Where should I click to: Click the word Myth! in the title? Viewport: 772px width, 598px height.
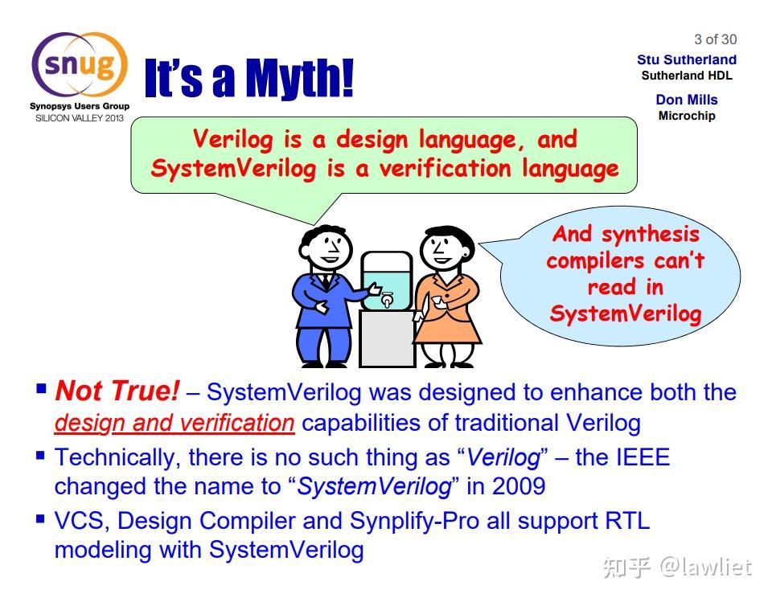tap(299, 78)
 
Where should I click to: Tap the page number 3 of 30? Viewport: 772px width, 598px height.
tap(716, 39)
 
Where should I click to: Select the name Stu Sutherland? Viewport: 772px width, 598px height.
tap(686, 59)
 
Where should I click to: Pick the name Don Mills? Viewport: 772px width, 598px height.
tap(686, 100)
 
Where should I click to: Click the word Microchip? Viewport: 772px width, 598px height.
tap(686, 116)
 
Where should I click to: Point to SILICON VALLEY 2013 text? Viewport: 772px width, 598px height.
tap(80, 118)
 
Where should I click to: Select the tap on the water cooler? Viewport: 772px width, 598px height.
tap(388, 299)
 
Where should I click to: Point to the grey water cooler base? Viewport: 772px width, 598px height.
tap(387, 339)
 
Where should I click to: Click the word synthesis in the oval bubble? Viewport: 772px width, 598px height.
tap(650, 234)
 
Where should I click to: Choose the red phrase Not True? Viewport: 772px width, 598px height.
tap(117, 391)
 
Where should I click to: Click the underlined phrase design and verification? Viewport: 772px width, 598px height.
tap(175, 423)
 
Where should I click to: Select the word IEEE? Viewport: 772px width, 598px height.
tap(643, 457)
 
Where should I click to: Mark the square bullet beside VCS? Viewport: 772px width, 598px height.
tap(41, 518)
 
